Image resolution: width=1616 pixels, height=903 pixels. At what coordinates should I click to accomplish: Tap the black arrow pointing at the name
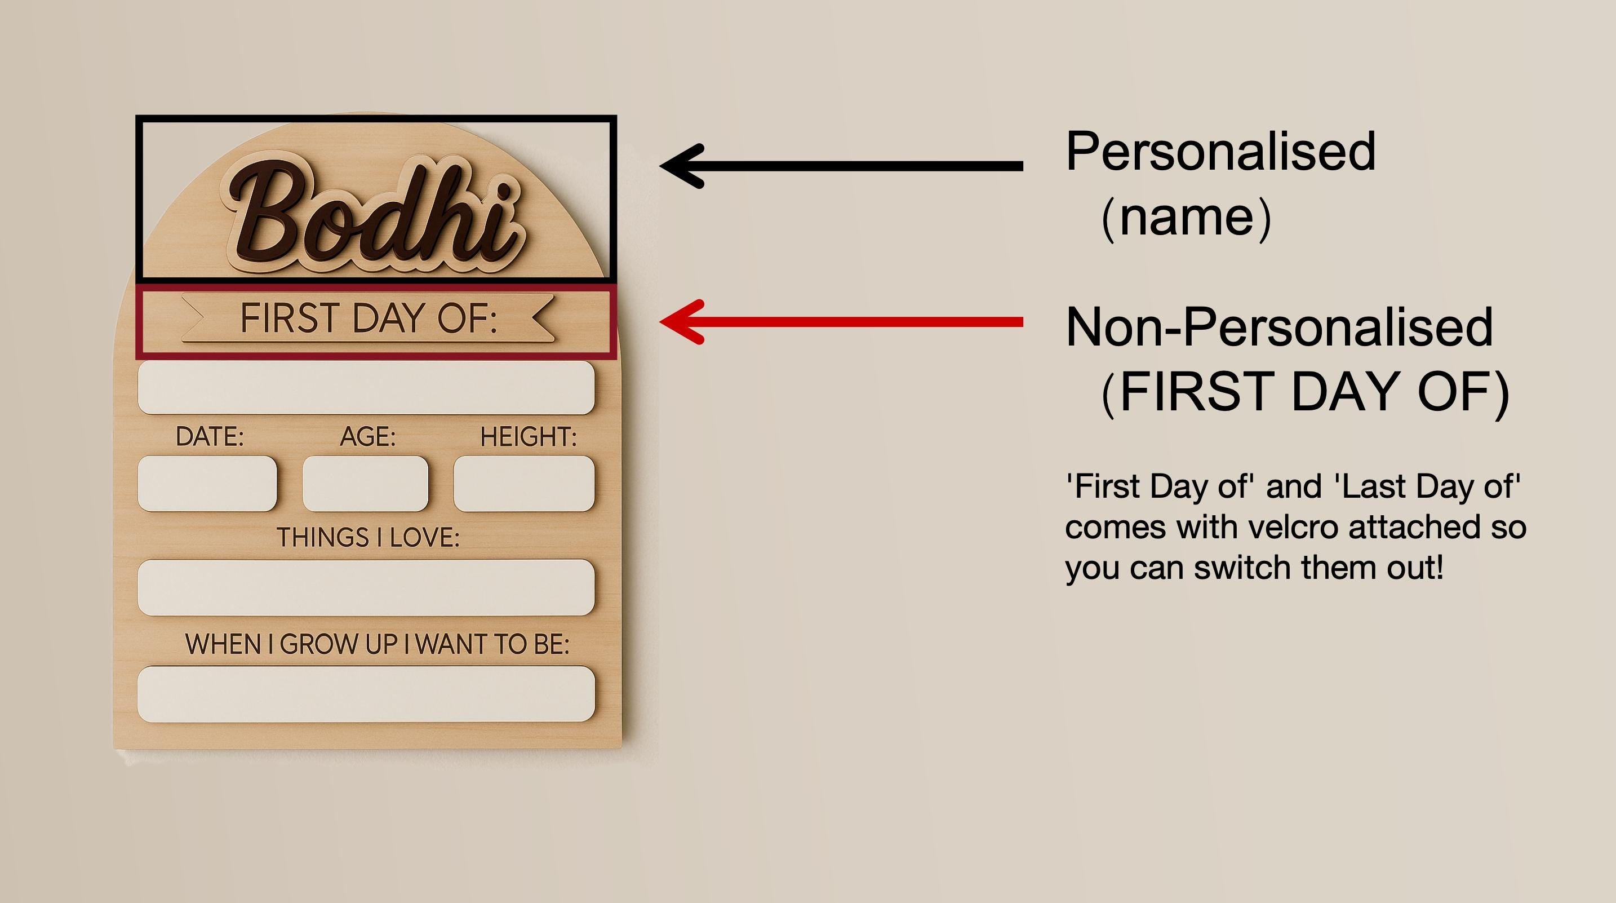841,166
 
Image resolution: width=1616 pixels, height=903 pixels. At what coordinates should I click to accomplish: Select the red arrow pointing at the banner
841,322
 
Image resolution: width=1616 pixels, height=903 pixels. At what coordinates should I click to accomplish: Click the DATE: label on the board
210,437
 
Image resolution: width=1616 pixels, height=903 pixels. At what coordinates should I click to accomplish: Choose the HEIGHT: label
528,437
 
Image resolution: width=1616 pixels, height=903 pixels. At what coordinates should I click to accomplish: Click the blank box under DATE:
207,484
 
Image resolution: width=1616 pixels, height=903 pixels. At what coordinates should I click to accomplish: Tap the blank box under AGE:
366,484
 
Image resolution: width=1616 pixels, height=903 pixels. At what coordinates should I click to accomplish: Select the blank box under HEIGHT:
524,484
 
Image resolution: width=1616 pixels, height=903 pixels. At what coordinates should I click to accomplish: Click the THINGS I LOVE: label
369,537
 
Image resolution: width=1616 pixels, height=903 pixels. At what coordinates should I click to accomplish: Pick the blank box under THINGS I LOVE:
366,587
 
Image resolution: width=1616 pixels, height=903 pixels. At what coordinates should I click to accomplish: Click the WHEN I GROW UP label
377,644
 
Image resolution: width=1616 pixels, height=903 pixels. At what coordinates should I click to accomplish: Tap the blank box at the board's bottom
366,694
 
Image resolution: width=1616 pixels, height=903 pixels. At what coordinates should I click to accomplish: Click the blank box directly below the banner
366,387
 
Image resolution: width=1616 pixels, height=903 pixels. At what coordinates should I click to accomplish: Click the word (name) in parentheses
1186,217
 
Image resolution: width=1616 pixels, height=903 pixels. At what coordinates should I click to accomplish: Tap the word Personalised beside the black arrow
1220,151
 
